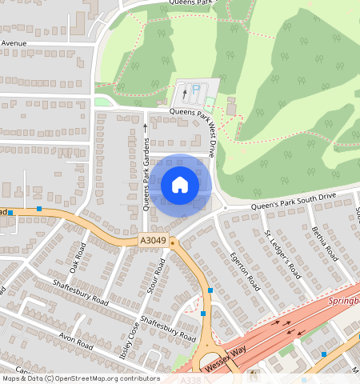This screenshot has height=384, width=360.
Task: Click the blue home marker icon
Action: pos(180,185)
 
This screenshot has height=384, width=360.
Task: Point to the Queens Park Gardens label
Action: pos(146,182)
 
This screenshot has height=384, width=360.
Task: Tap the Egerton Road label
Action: pos(246,271)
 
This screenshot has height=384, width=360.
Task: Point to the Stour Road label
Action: pos(156,277)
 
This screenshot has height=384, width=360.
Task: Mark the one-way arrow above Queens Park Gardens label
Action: pos(145,126)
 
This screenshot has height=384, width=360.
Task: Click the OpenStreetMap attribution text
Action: pos(80,378)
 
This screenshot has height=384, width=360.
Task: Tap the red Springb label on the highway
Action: pos(344,302)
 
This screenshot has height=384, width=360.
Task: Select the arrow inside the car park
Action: pos(184,94)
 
